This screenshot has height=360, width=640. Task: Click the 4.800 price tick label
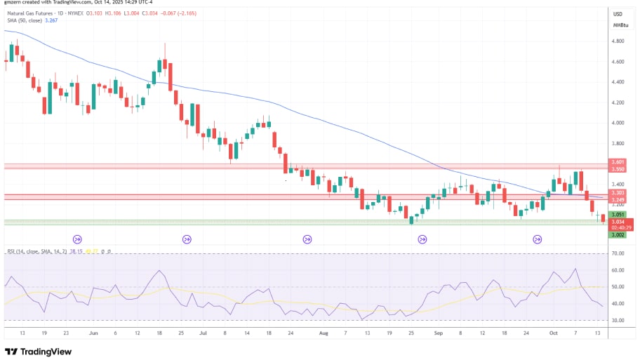tap(618, 41)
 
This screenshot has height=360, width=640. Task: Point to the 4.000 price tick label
tap(618, 123)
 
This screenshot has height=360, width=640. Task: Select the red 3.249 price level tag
tap(618, 199)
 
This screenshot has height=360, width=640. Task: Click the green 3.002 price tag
tap(618, 234)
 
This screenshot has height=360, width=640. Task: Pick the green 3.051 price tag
tap(618, 214)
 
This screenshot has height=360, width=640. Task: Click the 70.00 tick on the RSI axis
tap(618, 253)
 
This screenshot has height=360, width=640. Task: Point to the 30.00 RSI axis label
tap(618, 320)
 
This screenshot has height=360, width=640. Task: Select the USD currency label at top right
tap(618, 14)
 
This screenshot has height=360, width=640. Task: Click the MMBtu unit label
tap(620, 25)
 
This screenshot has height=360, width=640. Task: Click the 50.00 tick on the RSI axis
tap(618, 287)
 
